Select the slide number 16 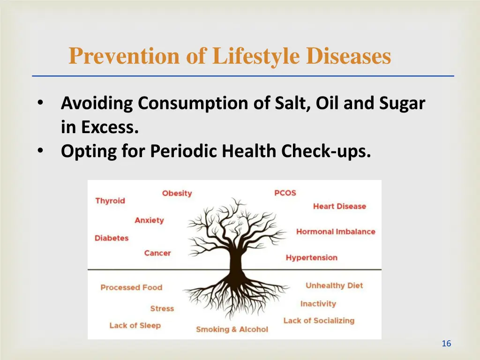point(446,344)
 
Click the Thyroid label point(110,201)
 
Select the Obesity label point(177,193)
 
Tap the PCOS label point(285,193)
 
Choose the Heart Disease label point(339,206)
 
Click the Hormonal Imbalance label point(336,232)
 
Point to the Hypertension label point(311,257)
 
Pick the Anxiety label point(149,220)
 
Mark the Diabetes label point(111,238)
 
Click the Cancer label point(157,253)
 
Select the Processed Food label point(131,287)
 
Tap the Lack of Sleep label point(135,325)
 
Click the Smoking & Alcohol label point(232,329)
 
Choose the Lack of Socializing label point(319,321)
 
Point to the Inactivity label point(318,304)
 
